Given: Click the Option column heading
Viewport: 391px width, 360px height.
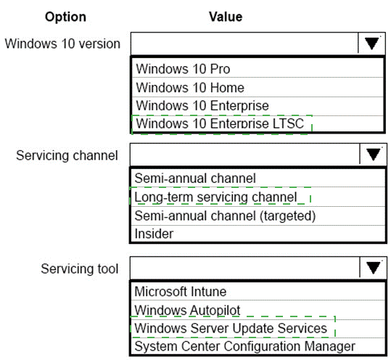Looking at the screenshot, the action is click(65, 17).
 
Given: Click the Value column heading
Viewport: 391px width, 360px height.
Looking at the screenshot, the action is click(226, 17).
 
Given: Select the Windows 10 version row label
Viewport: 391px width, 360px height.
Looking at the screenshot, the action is click(62, 44).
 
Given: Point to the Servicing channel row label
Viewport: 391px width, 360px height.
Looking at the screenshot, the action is click(67, 155).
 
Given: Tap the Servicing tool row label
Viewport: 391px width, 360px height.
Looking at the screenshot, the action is click(80, 269).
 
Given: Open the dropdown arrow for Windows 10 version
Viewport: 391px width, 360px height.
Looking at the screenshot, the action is click(371, 44).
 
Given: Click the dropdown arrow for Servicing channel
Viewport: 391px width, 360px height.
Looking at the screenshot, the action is click(374, 155).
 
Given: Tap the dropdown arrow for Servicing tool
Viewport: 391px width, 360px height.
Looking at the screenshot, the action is click(374, 268).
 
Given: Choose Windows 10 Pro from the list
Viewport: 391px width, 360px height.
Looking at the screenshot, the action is click(183, 69).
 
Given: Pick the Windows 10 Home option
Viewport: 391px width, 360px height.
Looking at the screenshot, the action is click(190, 88).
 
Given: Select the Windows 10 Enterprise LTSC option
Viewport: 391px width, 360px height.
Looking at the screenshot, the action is click(220, 123).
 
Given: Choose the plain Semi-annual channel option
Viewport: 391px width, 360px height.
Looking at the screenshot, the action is click(195, 179).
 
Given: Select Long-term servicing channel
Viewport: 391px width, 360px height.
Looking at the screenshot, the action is click(215, 197).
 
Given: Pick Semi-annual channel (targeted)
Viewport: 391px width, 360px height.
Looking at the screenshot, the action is click(225, 216).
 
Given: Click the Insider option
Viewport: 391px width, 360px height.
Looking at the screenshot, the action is click(154, 234).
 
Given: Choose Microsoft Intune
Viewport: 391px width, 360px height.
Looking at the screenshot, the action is click(181, 291).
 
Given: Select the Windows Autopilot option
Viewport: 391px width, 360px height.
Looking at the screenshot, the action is click(187, 311).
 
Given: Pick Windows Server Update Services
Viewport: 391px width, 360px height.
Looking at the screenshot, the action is click(231, 328).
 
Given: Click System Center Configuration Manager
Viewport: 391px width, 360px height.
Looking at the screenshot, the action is click(245, 346).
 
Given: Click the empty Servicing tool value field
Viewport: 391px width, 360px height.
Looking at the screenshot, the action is click(245, 268).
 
